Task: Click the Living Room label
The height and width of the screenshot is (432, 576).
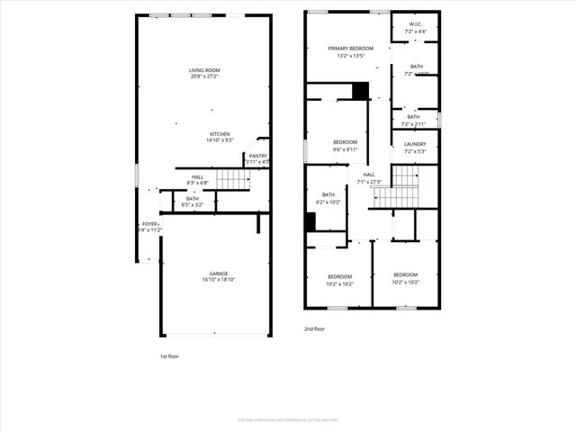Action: [x=204, y=70]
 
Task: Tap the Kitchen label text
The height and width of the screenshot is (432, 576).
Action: [x=220, y=134]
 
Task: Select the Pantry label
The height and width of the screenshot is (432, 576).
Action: [x=258, y=156]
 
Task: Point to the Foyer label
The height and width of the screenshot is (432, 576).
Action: [x=148, y=223]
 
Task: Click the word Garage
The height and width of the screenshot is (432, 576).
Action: [x=219, y=274]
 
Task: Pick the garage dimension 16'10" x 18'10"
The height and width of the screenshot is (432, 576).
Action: [x=219, y=280]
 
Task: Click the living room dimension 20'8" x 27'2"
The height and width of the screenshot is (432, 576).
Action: [x=204, y=76]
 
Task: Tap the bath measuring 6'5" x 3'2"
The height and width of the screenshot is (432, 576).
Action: [x=193, y=205]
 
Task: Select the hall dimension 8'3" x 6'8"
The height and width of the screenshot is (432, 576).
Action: [x=197, y=183]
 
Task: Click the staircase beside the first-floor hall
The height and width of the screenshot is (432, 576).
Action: [x=233, y=181]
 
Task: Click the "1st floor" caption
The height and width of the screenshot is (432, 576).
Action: [x=169, y=356]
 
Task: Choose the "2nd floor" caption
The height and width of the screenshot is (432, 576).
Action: [x=314, y=329]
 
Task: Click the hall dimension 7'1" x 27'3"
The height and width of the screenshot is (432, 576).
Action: [x=369, y=182]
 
